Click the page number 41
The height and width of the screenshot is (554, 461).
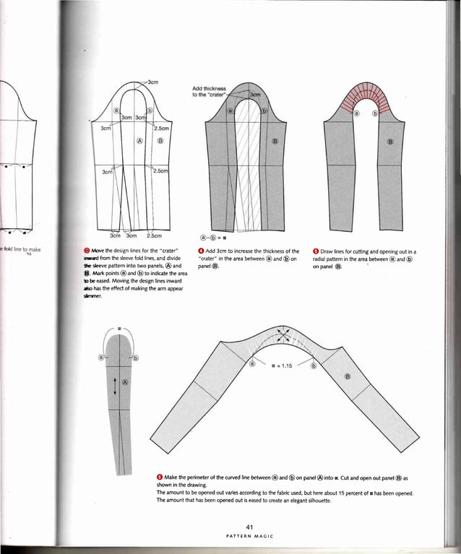pos(248,525)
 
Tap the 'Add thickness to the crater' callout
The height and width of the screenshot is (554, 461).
pos(210,92)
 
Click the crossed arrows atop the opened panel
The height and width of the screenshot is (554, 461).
pos(284,337)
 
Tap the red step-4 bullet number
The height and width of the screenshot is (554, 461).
pos(199,251)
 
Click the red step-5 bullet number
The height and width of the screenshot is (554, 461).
pos(316,251)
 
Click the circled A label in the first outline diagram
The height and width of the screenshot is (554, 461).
pos(140,142)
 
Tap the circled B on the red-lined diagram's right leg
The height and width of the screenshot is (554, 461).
pos(390,142)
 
